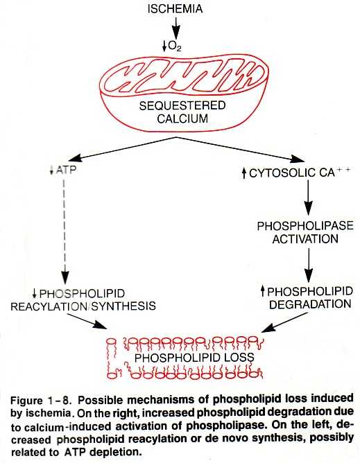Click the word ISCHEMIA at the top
pos(175,8)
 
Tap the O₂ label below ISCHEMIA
pos(174,46)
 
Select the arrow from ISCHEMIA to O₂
pos(176,26)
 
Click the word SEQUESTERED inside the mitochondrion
pos(182,106)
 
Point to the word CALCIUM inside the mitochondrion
pos(182,119)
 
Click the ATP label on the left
pos(66,170)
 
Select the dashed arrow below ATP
pos(65,231)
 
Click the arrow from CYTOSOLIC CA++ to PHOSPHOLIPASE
pos(308,198)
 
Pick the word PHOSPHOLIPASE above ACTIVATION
pos(305,226)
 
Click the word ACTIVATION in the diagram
pos(305,239)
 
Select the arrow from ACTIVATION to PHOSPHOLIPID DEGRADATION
pos(308,265)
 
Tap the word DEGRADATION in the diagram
pos(310,304)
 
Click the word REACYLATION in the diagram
pos(48,306)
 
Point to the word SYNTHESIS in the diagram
pos(123,306)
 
